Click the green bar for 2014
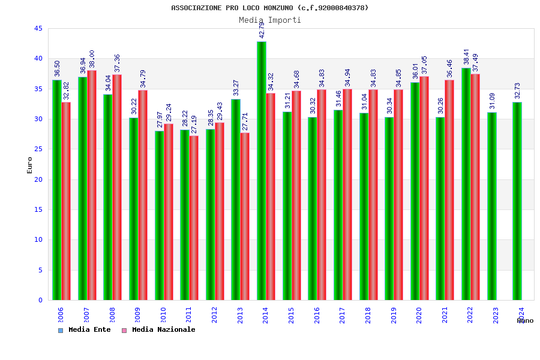tap(262, 171)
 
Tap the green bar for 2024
tap(517, 201)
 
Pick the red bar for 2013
tap(245, 217)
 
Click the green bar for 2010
tap(159, 215)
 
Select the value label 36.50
tap(58, 68)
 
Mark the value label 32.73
tap(518, 91)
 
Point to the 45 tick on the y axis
tap(38, 28)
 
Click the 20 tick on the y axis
tap(38, 179)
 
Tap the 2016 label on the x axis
tap(317, 315)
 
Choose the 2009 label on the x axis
tap(137, 315)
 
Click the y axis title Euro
tap(30, 165)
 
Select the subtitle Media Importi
tap(270, 20)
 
